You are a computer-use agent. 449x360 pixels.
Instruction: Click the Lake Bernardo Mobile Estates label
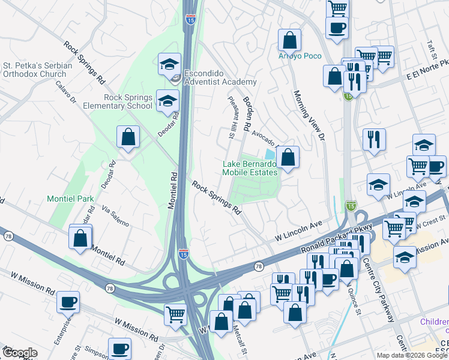point(250,168)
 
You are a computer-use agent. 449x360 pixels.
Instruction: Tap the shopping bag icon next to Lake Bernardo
point(288,158)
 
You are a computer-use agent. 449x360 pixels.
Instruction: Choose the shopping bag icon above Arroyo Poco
point(290,40)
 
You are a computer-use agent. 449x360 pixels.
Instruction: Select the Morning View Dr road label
point(309,115)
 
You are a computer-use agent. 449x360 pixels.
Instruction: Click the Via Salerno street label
point(115,215)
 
